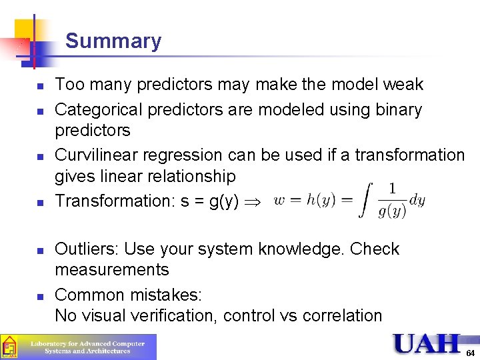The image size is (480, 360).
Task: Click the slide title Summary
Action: pyautogui.click(x=113, y=41)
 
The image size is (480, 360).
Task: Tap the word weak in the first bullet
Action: pyautogui.click(x=403, y=85)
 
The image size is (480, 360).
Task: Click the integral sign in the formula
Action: pyautogui.click(x=365, y=201)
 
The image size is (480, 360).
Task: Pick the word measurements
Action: pyautogui.click(x=112, y=270)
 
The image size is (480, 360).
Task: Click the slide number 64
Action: pyautogui.click(x=471, y=352)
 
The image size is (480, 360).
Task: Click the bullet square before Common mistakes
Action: pyautogui.click(x=41, y=296)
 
